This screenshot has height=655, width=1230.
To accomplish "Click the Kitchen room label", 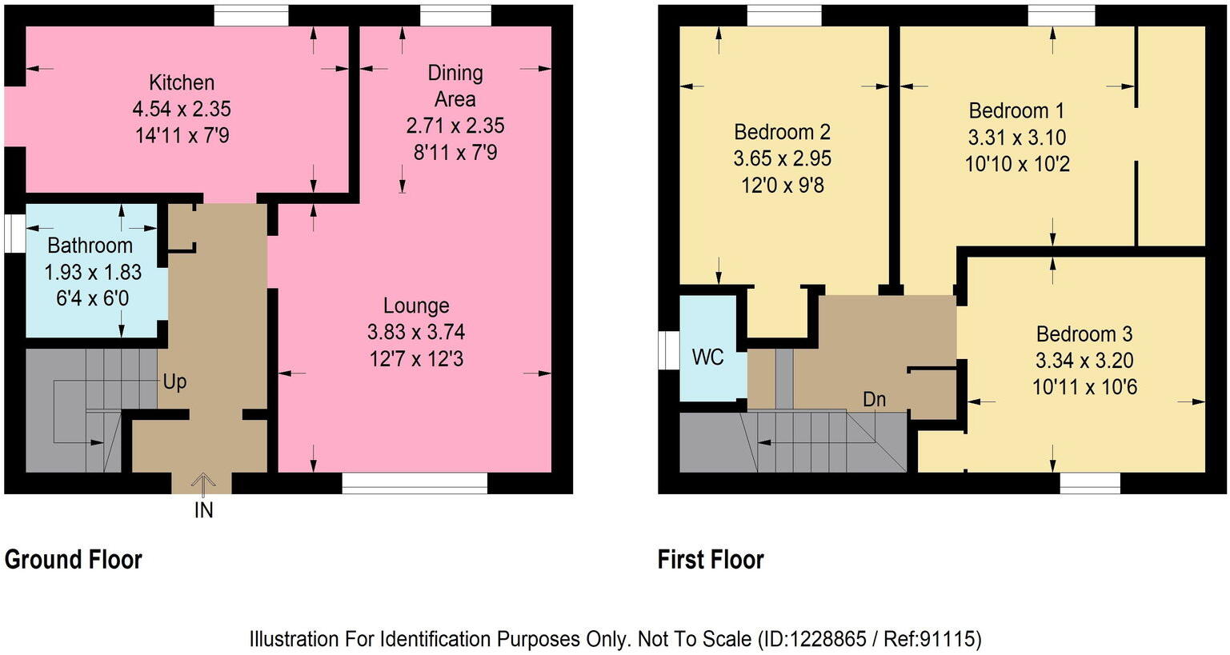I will click(182, 82).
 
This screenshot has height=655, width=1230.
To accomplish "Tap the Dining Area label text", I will click(455, 86).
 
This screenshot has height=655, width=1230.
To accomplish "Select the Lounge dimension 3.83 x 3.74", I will click(416, 332).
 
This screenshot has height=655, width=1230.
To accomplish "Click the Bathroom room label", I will click(90, 245).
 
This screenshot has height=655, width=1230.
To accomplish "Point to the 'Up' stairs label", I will click(174, 381).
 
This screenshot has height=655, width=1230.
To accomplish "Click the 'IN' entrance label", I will click(204, 509).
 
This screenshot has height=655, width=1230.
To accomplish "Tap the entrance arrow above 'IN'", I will click(203, 481).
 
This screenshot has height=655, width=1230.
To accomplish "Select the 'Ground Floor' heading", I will click(74, 560).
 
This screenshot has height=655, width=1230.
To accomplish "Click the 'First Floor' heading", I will click(711, 560).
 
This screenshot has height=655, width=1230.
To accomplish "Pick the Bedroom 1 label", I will click(1017, 110).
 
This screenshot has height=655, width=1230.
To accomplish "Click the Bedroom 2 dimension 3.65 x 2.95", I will click(782, 158).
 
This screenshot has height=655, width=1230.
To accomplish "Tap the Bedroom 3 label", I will click(1084, 333).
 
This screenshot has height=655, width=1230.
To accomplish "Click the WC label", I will click(707, 357).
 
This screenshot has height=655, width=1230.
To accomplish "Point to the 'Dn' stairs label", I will click(874, 399).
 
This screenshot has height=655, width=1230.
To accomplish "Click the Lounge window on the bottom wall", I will click(415, 483).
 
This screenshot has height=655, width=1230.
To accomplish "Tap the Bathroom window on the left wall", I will click(14, 234).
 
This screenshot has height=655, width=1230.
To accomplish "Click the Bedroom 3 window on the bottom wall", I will click(1090, 483).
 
